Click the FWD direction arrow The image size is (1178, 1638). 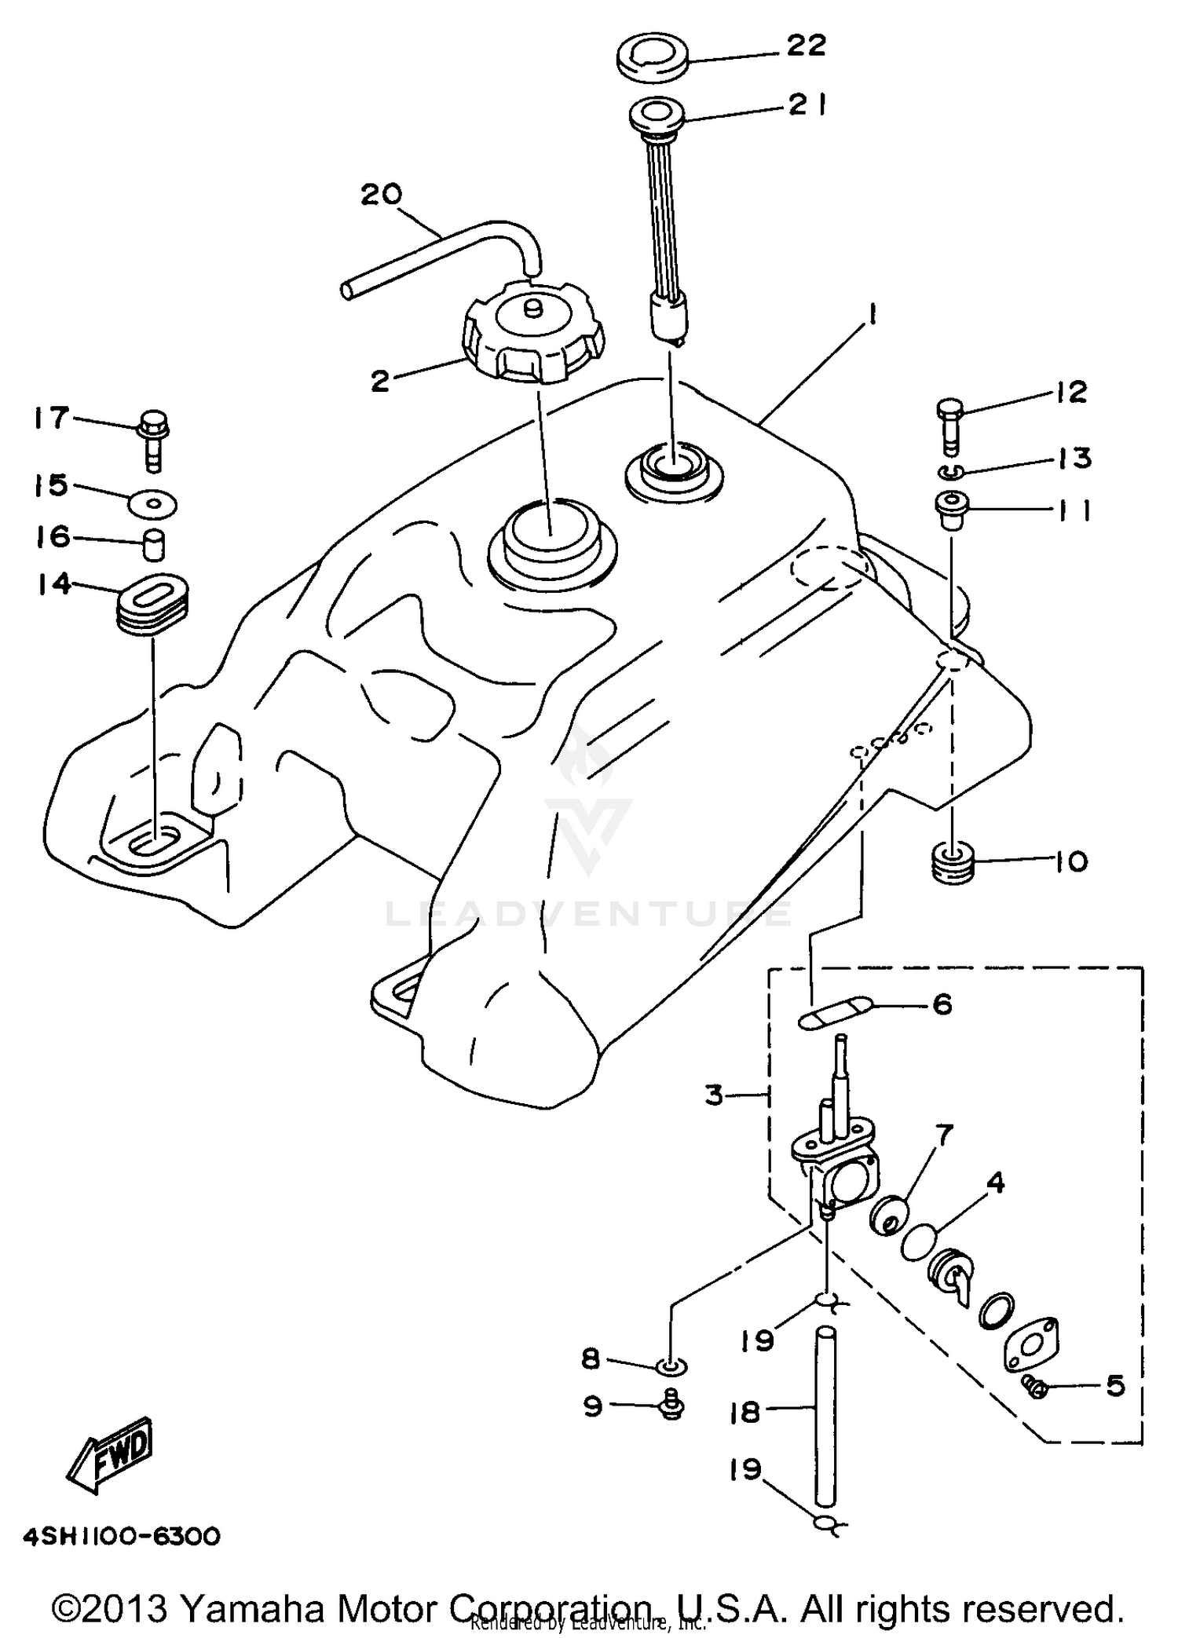tap(110, 1457)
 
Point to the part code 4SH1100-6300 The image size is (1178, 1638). tap(122, 1536)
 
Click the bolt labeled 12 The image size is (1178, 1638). tap(949, 424)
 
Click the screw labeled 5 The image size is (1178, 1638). tap(1035, 1388)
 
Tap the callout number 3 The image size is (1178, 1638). tap(713, 1094)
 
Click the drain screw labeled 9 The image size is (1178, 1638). tap(671, 1405)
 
